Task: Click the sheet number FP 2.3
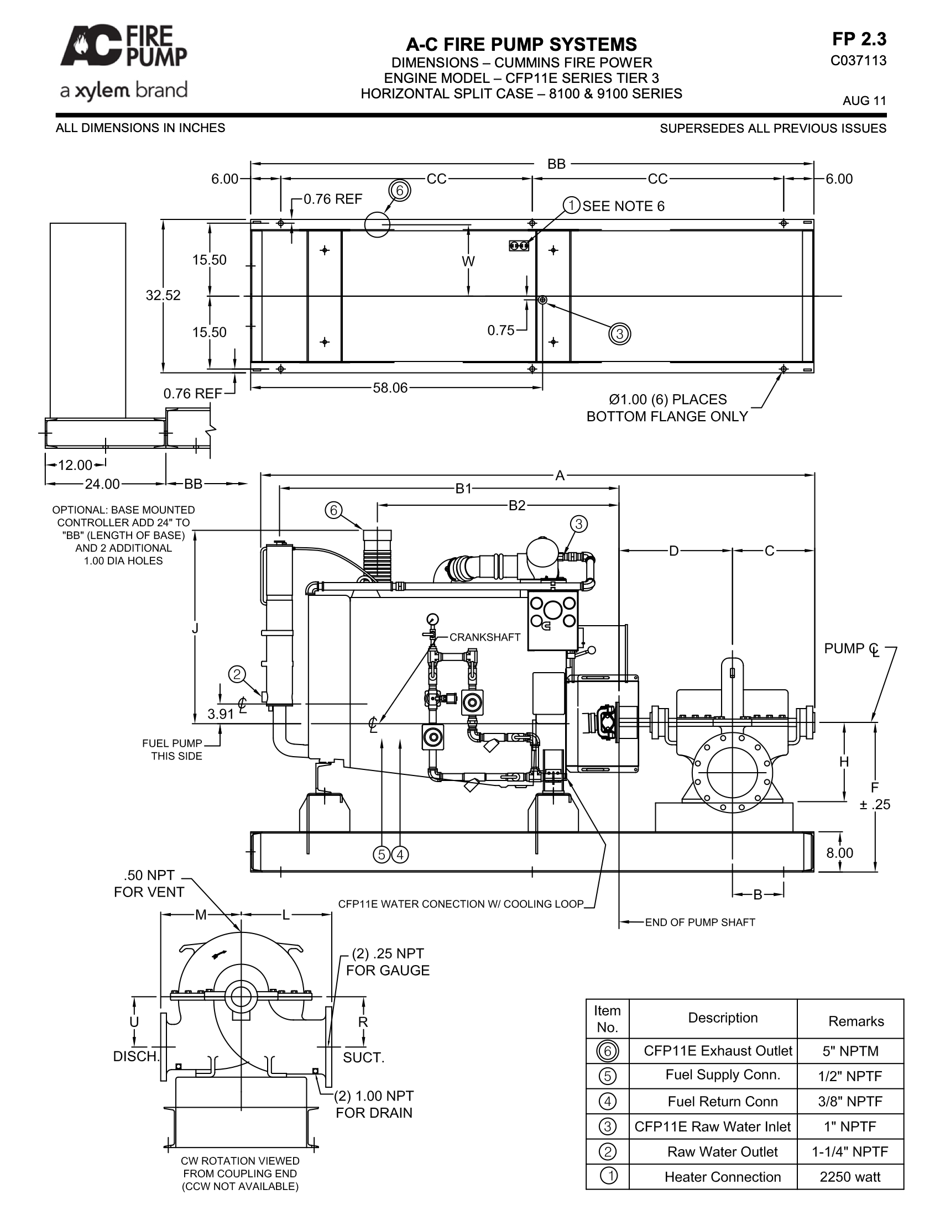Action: [x=859, y=39]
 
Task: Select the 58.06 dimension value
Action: [x=390, y=388]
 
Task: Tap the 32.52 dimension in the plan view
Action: [x=163, y=295]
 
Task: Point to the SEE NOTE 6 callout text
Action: [x=623, y=206]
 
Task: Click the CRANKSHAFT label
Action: [x=485, y=637]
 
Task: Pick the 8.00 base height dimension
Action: [x=840, y=853]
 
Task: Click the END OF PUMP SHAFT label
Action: [x=700, y=923]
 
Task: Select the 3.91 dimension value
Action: [x=221, y=714]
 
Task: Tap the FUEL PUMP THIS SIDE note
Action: [x=172, y=749]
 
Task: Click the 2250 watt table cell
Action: [x=850, y=1176]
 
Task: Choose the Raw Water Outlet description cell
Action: [x=722, y=1151]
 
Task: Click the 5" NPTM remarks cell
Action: [x=850, y=1051]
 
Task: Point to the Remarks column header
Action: [x=856, y=1020]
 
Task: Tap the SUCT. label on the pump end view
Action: [x=364, y=1057]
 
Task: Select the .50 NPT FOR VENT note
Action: [x=149, y=884]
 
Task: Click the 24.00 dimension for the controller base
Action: [x=102, y=484]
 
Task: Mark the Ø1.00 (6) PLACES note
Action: [x=667, y=399]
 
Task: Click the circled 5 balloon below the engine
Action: [x=382, y=854]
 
